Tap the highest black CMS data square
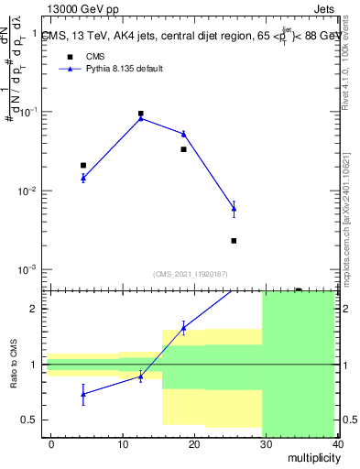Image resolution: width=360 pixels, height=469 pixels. (x=140, y=114)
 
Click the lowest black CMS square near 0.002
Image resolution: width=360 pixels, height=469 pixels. (x=234, y=241)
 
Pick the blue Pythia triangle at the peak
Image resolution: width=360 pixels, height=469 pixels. (x=140, y=118)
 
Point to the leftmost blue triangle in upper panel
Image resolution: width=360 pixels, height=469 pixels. (x=83, y=178)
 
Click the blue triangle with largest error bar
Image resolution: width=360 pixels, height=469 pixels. (x=234, y=209)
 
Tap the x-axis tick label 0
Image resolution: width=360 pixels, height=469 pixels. (x=51, y=443)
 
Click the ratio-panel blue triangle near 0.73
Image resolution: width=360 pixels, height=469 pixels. (x=83, y=394)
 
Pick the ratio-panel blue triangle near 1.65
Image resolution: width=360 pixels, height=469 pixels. (x=183, y=327)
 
